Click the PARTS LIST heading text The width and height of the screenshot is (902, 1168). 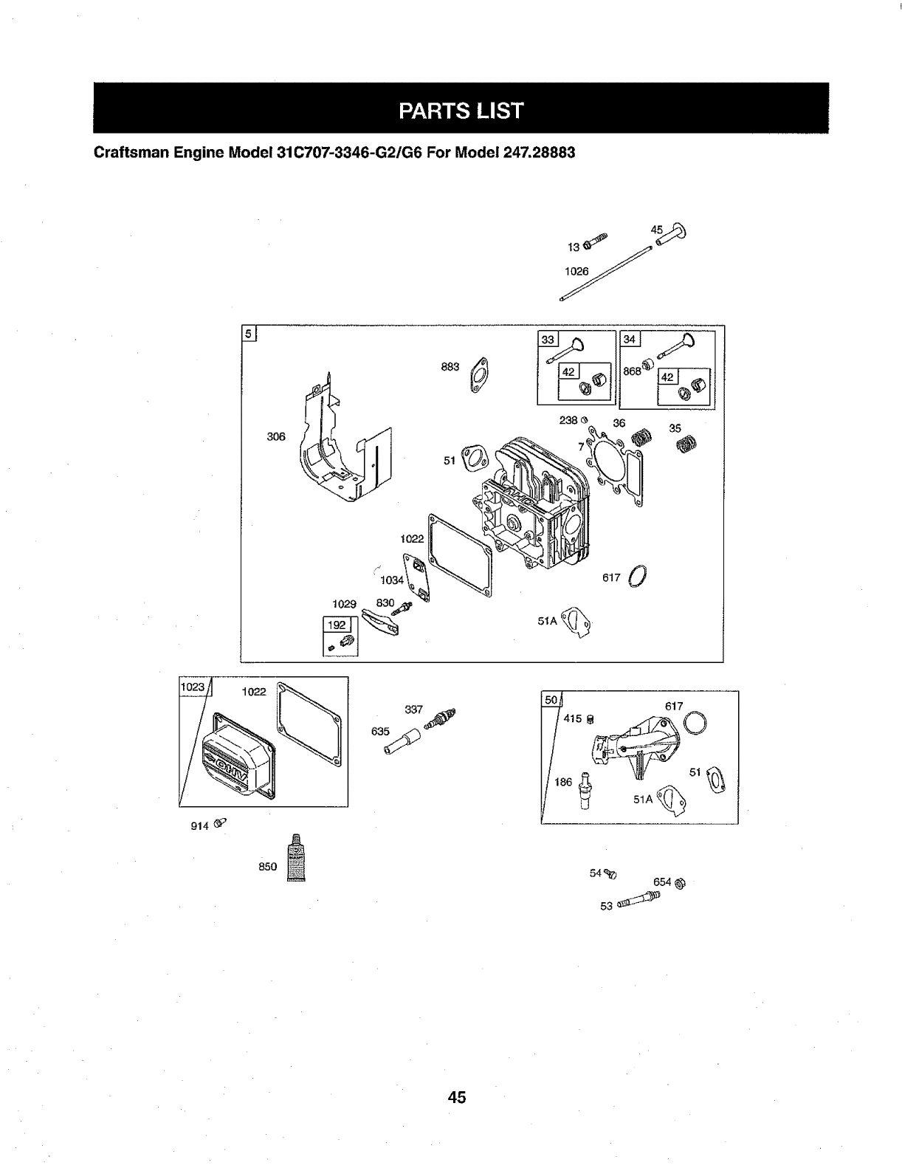click(461, 111)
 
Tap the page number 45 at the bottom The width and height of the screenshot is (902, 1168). click(456, 1097)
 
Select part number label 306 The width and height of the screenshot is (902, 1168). click(275, 436)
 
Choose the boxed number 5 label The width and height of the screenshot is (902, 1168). click(249, 333)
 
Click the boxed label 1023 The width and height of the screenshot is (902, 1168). click(193, 686)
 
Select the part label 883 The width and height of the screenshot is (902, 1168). click(450, 366)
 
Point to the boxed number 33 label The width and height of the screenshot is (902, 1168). click(548, 340)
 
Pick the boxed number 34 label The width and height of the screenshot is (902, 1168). click(630, 340)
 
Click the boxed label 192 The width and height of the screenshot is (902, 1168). click(337, 625)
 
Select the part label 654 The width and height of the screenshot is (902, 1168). click(662, 881)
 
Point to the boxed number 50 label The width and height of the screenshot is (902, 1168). click(551, 699)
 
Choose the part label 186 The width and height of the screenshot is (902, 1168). click(563, 782)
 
